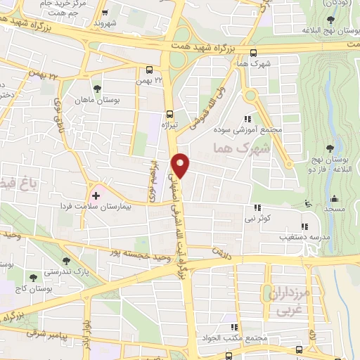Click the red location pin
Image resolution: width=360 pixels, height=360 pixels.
click(x=181, y=165)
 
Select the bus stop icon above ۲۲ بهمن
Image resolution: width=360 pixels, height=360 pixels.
click(x=149, y=70)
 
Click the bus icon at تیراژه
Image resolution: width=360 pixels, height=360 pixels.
click(x=169, y=114)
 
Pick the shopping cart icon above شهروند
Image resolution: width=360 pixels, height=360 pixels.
click(x=104, y=13)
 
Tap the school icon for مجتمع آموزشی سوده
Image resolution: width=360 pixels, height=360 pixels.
click(x=247, y=120)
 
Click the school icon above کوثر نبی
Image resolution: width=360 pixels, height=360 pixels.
click(x=257, y=207)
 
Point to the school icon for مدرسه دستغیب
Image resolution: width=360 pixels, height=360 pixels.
click(x=304, y=226)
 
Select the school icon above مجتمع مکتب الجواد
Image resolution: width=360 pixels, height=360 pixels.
click(x=233, y=328)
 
